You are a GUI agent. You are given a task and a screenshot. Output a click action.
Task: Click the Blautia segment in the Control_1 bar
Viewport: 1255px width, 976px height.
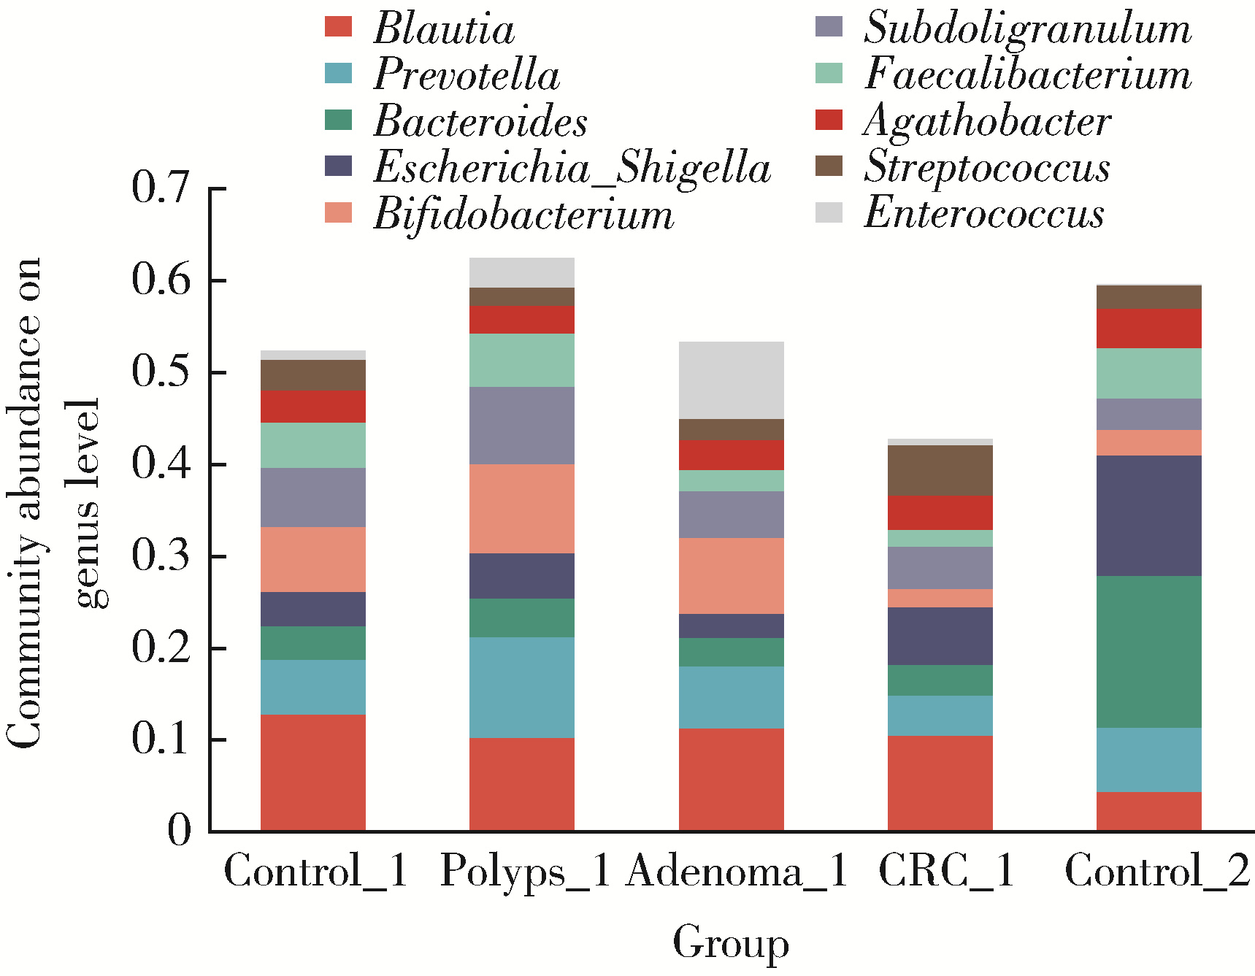(313, 772)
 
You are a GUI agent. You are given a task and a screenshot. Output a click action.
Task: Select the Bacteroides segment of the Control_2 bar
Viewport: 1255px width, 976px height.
(1149, 652)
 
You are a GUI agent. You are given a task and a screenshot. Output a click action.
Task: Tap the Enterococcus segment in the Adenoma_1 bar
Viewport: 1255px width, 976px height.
(731, 380)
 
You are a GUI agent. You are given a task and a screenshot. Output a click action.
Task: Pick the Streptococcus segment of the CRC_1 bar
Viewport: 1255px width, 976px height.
(940, 471)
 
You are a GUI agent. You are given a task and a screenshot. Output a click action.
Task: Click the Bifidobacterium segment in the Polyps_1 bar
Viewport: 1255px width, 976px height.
(522, 508)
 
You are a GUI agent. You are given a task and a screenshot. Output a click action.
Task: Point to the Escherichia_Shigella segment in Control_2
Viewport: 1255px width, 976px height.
(1149, 515)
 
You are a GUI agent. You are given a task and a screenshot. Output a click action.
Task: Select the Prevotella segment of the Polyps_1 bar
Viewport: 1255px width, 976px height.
(522, 687)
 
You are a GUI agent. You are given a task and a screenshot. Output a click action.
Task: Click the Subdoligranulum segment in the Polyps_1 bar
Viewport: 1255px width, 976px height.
(522, 425)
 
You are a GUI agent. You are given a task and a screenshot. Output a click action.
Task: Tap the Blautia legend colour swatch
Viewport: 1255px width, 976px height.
(339, 27)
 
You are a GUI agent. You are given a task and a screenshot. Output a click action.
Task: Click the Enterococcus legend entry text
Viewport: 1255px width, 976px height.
(983, 213)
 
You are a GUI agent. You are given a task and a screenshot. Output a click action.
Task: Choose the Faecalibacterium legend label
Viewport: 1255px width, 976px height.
(1027, 74)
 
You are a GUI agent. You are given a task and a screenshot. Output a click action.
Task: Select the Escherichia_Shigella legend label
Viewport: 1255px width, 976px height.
(572, 167)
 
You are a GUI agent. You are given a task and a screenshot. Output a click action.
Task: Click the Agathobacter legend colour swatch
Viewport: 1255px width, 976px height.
(829, 120)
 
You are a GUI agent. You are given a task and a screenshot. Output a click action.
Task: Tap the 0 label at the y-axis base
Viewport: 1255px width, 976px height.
(179, 830)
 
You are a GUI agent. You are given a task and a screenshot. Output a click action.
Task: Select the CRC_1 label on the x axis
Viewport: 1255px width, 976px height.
(946, 870)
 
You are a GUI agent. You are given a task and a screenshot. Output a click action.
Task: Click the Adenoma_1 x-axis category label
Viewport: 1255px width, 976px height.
(736, 870)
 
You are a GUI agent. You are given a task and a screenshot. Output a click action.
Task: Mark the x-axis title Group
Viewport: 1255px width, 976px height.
(731, 942)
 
